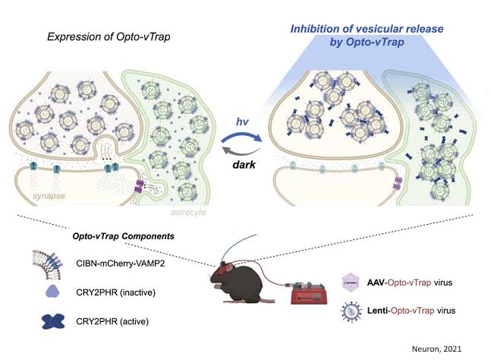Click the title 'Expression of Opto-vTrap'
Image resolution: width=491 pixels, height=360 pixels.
(109, 36)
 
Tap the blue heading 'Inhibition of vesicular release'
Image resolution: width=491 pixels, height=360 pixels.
(367, 29)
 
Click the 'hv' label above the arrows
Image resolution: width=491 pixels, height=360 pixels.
(242, 122)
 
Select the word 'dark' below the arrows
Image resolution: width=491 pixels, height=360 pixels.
(244, 165)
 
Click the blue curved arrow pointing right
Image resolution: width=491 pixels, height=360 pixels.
(242, 134)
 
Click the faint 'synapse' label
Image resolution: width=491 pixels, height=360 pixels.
(49, 197)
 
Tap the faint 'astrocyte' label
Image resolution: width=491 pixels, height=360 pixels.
(188, 212)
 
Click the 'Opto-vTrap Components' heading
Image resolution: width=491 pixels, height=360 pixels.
(124, 236)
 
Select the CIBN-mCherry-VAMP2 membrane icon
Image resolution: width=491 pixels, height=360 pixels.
(48, 264)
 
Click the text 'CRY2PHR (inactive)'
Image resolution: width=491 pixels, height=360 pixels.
(116, 292)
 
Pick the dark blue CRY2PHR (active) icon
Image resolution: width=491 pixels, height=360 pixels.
(53, 321)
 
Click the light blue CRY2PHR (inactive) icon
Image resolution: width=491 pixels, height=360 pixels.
(52, 292)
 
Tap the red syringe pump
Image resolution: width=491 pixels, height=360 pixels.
(308, 293)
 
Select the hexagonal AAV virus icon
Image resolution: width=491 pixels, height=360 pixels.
(351, 283)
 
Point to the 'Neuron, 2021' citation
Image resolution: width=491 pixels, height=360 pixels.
(436, 349)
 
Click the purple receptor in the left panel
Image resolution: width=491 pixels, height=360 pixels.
(138, 186)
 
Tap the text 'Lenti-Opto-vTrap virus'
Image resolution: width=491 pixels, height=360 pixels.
(411, 311)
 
